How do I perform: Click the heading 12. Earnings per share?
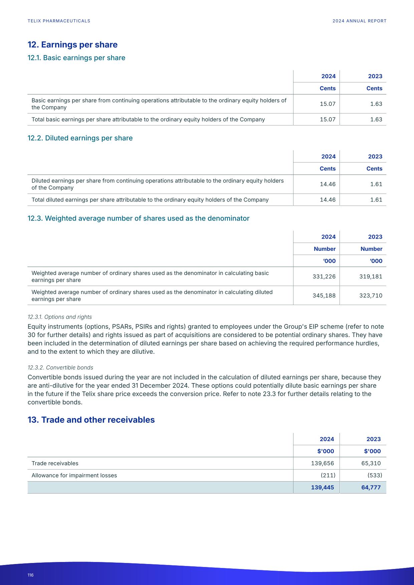(72, 45)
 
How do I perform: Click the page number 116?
(30, 575)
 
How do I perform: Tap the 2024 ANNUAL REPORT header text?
(359, 21)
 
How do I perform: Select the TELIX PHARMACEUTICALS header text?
(59, 21)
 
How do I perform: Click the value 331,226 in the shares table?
(324, 276)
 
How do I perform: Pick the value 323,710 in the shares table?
(371, 295)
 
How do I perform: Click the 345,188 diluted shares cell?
(324, 295)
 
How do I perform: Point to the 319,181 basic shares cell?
(371, 276)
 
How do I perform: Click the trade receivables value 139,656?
(322, 463)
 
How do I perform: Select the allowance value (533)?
(375, 475)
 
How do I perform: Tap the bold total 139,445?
(322, 487)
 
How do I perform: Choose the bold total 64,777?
(371, 487)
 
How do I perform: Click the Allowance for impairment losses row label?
(74, 475)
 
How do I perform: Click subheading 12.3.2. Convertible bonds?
(60, 367)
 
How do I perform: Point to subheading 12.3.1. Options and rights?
(60, 317)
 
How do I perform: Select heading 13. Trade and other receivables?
(91, 420)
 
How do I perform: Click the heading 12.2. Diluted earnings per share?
(80, 138)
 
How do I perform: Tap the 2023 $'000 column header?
(372, 451)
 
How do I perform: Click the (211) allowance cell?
(328, 475)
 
